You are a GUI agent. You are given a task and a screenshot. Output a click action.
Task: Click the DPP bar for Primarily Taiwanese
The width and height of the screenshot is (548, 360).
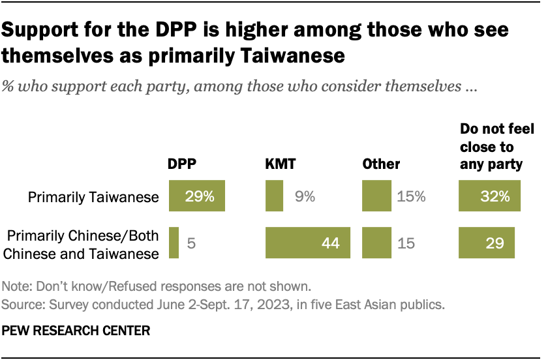pyautogui.click(x=197, y=196)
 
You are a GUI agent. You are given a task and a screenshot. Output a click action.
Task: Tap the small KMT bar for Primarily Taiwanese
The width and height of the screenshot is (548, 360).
pyautogui.click(x=274, y=196)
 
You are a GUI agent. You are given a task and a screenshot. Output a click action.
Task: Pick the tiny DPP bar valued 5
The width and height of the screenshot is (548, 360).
pyautogui.click(x=174, y=243)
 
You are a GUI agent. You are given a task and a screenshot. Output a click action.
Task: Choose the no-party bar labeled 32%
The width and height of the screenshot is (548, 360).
pyautogui.click(x=490, y=196)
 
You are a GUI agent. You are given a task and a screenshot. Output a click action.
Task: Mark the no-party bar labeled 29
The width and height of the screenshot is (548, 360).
pyautogui.click(x=487, y=243)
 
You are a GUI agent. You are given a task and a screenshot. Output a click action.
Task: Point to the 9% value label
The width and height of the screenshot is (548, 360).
pyautogui.click(x=304, y=196)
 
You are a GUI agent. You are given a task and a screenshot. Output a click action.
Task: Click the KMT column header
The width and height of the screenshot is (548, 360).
pyautogui.click(x=281, y=164)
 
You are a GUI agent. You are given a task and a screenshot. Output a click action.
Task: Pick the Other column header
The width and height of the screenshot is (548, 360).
pyautogui.click(x=381, y=164)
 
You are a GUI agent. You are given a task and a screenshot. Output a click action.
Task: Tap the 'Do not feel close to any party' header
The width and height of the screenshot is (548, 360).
pyautogui.click(x=491, y=147)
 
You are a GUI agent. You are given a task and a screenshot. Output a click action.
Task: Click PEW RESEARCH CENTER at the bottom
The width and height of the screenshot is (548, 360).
pyautogui.click(x=76, y=331)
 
